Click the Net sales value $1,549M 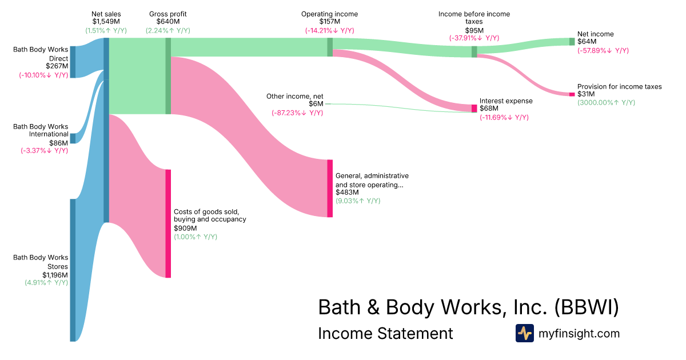[x=106, y=22]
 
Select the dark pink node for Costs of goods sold [x=168, y=223]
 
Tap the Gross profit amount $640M [x=168, y=22]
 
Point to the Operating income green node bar [x=330, y=47]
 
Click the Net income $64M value [x=587, y=42]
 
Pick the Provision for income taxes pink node [x=572, y=94]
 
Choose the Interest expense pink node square [x=474, y=108]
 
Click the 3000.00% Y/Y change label [x=606, y=103]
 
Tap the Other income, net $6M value [x=316, y=104]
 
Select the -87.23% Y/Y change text [x=297, y=113]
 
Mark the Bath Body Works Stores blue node [x=73, y=270]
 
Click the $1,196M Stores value [x=55, y=275]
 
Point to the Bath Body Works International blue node [x=73, y=138]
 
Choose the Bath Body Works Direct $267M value [x=57, y=66]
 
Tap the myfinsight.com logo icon [x=524, y=333]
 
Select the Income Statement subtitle [x=385, y=333]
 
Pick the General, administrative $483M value [x=348, y=193]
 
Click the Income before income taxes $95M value [x=474, y=30]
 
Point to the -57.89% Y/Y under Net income [x=602, y=50]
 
